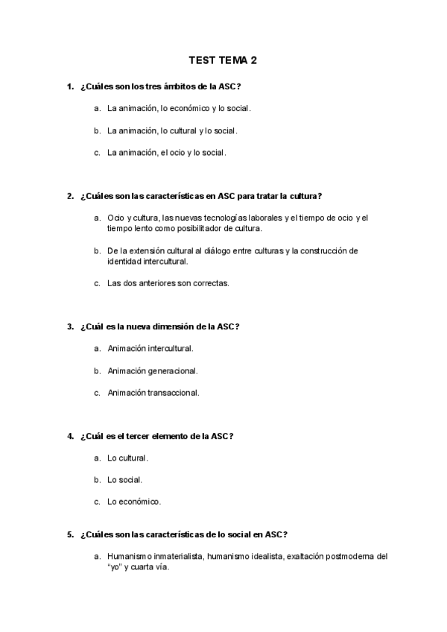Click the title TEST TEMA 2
click(223, 61)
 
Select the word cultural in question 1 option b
click(178, 131)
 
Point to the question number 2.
click(69, 197)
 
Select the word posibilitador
click(196, 228)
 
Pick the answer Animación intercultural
click(150, 348)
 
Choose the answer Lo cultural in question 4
click(127, 458)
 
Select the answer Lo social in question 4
click(124, 480)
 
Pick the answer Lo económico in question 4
click(133, 502)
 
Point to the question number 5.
click(69, 534)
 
